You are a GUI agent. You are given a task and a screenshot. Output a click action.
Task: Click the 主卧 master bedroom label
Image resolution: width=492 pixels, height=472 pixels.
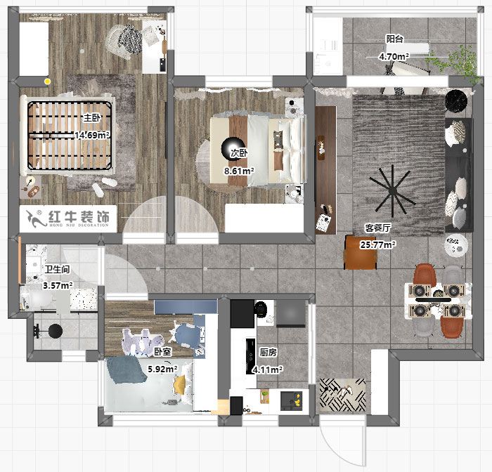[92, 118]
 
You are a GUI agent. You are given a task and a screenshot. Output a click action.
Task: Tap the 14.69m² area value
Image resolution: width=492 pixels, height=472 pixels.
[92, 135]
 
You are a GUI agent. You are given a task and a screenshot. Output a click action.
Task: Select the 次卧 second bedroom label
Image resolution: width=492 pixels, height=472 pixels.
[239, 153]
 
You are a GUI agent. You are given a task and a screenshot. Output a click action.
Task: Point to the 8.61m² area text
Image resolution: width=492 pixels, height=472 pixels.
[239, 171]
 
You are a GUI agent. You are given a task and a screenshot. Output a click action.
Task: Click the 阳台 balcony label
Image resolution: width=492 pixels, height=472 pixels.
[395, 39]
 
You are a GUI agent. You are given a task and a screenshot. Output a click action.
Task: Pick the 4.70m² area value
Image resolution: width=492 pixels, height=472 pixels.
[394, 57]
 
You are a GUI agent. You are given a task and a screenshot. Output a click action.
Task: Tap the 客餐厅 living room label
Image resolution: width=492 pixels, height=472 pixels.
[377, 228]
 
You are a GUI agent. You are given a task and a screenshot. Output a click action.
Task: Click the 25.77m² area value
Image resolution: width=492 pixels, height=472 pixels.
[378, 244]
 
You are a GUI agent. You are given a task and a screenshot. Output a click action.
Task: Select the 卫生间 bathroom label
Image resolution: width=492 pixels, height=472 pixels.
[57, 269]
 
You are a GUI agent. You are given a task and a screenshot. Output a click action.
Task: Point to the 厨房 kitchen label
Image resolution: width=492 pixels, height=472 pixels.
[268, 353]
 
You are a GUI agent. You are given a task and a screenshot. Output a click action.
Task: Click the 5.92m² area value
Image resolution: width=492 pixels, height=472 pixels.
[163, 369]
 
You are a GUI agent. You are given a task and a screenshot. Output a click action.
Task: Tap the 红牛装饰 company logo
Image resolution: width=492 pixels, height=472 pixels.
[67, 218]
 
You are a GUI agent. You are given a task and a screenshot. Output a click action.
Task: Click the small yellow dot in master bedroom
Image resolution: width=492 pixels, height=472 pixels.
[47, 81]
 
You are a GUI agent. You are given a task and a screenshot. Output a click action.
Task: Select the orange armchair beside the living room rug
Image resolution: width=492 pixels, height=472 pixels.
[361, 252]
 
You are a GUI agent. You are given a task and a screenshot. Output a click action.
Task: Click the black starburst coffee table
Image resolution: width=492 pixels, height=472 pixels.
[392, 190]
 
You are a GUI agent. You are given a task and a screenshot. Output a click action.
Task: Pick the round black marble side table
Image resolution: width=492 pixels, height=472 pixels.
[456, 100]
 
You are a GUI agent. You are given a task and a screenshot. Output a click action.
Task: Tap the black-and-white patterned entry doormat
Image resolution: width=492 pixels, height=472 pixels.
[342, 395]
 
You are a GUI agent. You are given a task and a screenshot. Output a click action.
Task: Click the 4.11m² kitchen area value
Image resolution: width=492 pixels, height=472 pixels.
[267, 370]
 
